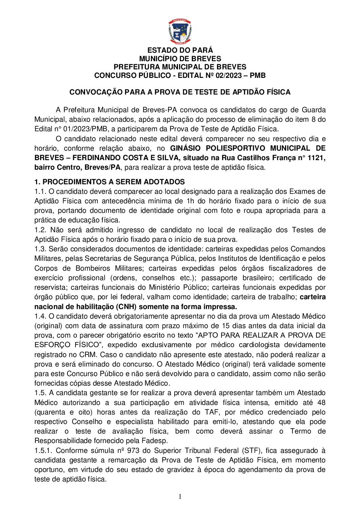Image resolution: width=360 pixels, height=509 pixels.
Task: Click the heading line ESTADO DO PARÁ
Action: [180, 51]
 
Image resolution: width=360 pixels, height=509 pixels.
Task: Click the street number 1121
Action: [316, 158]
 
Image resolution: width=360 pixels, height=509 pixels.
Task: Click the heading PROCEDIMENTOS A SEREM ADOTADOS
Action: [113, 182]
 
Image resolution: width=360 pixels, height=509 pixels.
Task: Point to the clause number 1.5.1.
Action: [43, 451]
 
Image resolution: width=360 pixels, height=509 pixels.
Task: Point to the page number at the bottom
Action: [180, 497]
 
